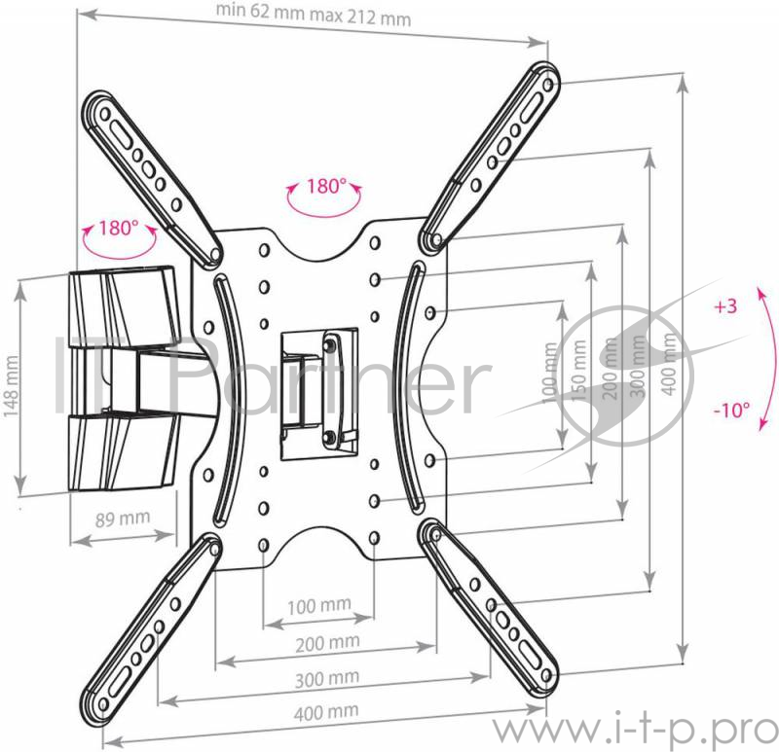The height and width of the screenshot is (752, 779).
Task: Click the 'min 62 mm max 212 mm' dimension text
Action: coord(314,15)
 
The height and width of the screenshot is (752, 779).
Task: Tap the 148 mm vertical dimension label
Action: coord(11,385)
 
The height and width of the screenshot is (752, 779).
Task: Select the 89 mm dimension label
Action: coord(123,519)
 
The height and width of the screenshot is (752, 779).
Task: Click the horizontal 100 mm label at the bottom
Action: coord(319,605)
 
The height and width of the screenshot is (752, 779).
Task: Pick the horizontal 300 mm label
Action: coord(327,678)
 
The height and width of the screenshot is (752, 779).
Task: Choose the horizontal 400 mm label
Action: coord(326,712)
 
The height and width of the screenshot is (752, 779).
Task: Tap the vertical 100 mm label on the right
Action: coord(549,374)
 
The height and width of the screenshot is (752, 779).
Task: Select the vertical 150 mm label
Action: coord(579,370)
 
